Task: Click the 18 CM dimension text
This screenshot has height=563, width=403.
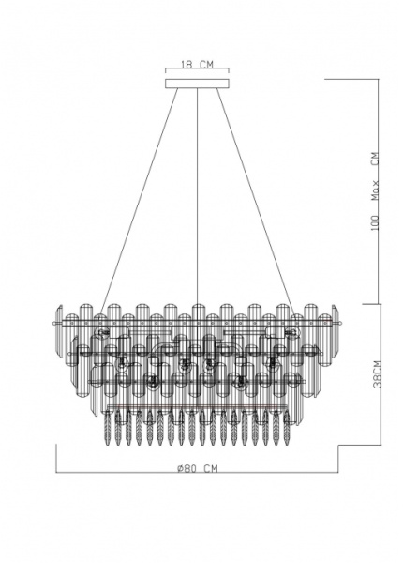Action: point(196,65)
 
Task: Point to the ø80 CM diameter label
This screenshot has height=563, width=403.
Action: point(197,467)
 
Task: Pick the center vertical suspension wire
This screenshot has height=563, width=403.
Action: point(197,188)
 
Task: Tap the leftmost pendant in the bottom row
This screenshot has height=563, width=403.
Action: point(105,430)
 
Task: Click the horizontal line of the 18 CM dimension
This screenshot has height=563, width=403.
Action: point(197,72)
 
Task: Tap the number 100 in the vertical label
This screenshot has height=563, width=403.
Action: point(372,222)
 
